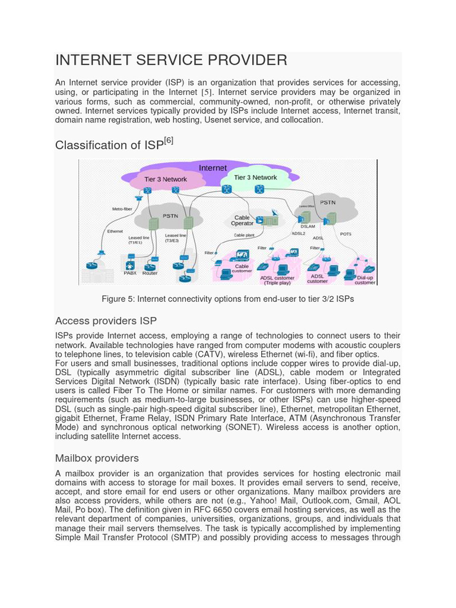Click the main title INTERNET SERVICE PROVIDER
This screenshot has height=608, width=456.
click(171, 60)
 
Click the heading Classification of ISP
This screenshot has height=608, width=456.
click(109, 145)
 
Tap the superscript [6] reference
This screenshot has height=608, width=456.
click(169, 141)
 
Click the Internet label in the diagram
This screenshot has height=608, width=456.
click(213, 168)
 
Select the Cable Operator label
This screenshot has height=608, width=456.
click(242, 220)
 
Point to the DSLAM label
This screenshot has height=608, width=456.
click(308, 226)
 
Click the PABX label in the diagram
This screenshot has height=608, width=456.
click(130, 273)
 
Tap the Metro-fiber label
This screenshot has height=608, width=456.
click(122, 209)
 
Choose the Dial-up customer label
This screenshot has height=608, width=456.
click(365, 280)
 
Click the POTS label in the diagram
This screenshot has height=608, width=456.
click(346, 234)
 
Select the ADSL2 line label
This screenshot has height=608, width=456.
click(298, 233)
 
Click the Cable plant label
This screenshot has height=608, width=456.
click(244, 235)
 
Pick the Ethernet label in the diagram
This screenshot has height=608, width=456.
click(115, 231)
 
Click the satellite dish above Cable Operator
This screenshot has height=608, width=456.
click(274, 212)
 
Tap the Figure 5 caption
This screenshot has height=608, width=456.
click(228, 299)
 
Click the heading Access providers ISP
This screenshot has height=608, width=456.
click(106, 321)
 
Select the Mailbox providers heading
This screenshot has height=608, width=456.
click(97, 458)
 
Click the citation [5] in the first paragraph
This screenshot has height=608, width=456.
click(206, 93)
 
